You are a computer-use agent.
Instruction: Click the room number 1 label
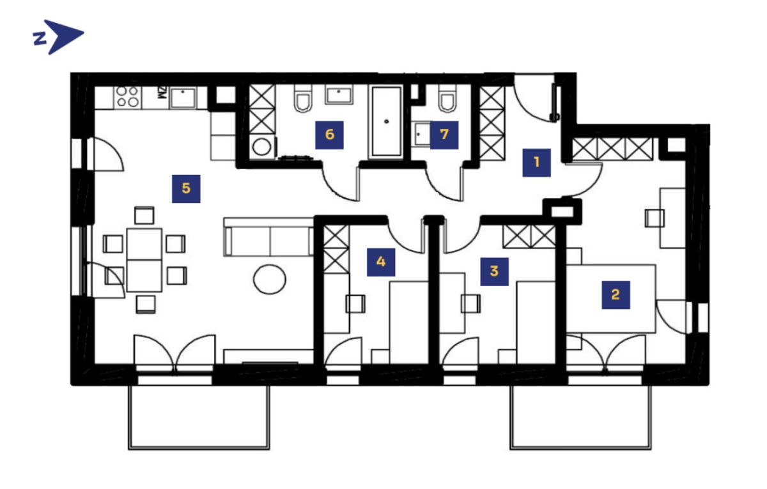tap(536, 162)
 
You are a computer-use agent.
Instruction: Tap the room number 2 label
tap(616, 295)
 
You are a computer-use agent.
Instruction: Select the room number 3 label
tap(494, 271)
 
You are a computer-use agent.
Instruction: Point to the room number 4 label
tap(381, 262)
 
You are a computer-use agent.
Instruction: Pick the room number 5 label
tap(186, 189)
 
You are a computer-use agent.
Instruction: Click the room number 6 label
tap(329, 135)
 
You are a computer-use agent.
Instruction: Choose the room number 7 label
tap(444, 135)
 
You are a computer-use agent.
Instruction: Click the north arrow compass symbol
tap(58, 37)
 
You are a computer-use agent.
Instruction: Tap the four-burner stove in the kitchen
tap(128, 97)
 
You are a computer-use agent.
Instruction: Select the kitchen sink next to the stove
tap(183, 98)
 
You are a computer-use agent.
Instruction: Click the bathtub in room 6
tap(387, 122)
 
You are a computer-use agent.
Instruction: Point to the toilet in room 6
tap(303, 98)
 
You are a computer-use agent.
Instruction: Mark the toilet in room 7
tap(447, 98)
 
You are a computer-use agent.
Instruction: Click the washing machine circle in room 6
tap(262, 147)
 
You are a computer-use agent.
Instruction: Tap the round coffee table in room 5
tap(270, 280)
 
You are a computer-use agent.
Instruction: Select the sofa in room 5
tap(268, 237)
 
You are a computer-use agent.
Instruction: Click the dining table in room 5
tap(144, 260)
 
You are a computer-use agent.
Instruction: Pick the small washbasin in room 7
tap(421, 134)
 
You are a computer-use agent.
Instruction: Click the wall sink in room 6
tap(339, 95)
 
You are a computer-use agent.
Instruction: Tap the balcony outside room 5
tap(199, 417)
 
